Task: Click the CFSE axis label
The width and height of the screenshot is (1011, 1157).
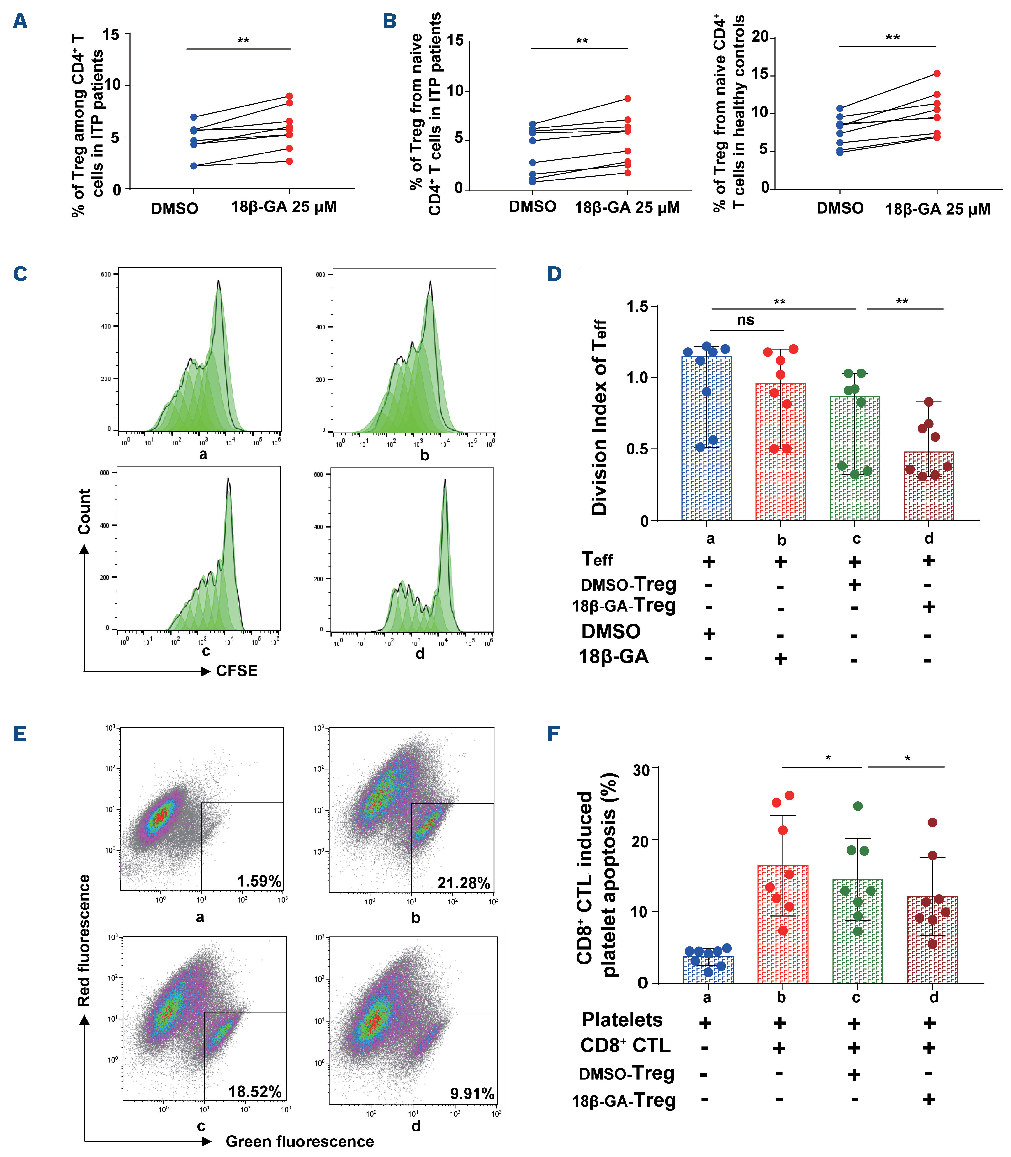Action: (x=237, y=671)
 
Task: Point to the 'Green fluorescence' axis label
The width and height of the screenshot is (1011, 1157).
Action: (x=300, y=1141)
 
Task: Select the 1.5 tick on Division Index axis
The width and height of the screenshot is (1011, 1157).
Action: (x=638, y=306)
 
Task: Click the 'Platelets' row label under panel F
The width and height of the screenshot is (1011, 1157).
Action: (x=622, y=1020)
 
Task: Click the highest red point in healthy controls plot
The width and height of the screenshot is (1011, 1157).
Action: (x=937, y=73)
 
